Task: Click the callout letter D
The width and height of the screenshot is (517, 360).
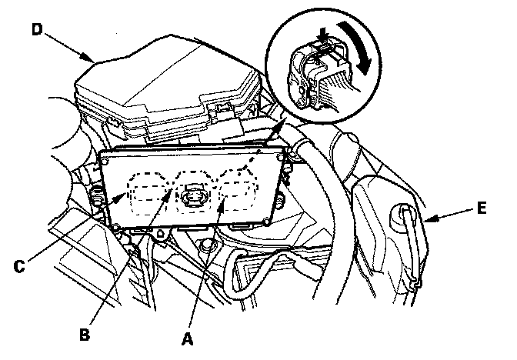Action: click(x=38, y=29)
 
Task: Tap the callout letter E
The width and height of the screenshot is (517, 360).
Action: click(x=482, y=208)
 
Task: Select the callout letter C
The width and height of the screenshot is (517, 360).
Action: click(x=19, y=265)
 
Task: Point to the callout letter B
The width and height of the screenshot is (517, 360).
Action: click(x=85, y=335)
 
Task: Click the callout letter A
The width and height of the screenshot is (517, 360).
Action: click(x=187, y=339)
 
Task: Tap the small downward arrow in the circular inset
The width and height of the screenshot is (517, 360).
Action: click(x=324, y=35)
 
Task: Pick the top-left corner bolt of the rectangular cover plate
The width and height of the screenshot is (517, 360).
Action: click(x=105, y=162)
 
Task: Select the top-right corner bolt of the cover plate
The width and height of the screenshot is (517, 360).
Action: click(x=280, y=158)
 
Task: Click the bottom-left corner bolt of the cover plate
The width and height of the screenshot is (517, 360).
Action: click(x=115, y=227)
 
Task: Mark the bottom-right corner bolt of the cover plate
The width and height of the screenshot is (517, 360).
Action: click(x=266, y=222)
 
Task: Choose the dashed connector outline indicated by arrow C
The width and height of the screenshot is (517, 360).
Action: click(x=150, y=192)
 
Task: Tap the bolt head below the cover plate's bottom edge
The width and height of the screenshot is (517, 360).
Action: click(x=206, y=245)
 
